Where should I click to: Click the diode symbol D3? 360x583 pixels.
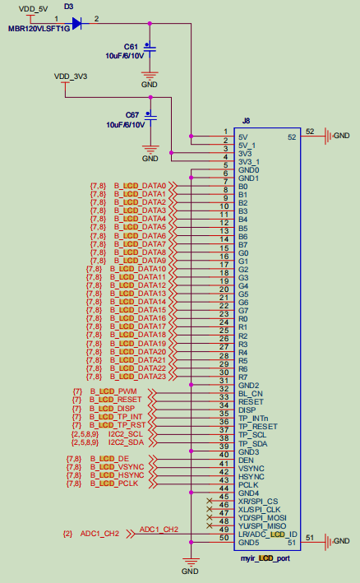(x=77, y=24)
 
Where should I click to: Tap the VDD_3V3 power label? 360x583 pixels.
(x=71, y=76)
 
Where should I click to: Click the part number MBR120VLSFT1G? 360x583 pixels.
(x=37, y=29)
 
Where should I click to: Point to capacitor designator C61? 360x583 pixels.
(x=132, y=45)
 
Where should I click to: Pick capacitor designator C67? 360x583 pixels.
(x=132, y=114)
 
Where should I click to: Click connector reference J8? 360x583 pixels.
(x=246, y=120)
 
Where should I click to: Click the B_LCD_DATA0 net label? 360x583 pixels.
(x=140, y=186)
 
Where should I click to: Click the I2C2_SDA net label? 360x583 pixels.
(x=125, y=441)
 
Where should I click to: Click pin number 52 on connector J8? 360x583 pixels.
(x=310, y=132)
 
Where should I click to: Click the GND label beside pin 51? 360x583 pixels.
(x=342, y=539)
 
